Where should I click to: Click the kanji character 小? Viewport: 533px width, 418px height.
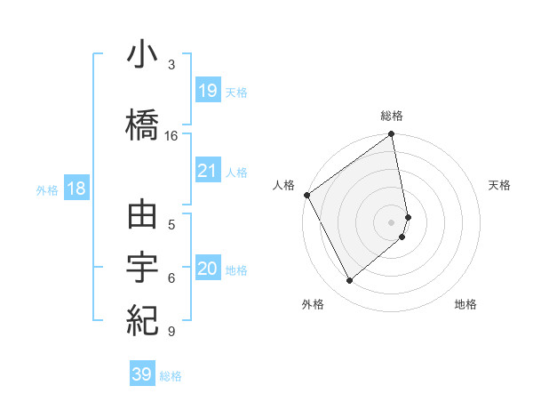coord(143,57)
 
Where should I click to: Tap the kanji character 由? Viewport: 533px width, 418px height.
coord(143,219)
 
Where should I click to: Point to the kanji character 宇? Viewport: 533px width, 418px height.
coord(143,268)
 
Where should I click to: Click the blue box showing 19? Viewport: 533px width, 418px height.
coord(207,91)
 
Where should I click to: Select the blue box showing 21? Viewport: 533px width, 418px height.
coord(207,171)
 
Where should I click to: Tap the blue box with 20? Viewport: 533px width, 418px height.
coord(207,269)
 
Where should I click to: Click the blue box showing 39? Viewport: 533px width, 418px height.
coord(141,374)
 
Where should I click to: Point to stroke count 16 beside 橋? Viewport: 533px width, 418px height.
coord(171,136)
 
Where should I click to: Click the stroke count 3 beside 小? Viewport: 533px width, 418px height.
coord(171,65)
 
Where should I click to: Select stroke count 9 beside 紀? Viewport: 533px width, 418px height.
coord(171,332)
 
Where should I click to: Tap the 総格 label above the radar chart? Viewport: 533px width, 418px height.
coord(392,116)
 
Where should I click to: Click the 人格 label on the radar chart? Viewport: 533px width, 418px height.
coord(283,185)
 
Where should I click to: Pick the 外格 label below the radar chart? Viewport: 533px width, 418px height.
coord(313,304)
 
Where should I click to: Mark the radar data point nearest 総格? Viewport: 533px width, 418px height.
coord(392,135)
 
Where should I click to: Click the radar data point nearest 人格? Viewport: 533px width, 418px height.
coord(306,195)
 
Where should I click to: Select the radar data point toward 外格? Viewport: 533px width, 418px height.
coord(350,280)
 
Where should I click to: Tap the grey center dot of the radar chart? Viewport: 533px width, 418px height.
coord(392,221)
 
